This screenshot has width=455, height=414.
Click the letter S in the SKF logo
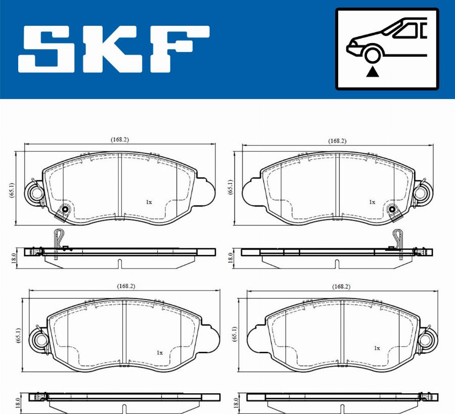[49, 49]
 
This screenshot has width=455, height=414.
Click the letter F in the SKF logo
[180, 49]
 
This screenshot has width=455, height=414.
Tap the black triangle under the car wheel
[373, 72]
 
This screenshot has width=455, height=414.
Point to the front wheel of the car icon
[373, 56]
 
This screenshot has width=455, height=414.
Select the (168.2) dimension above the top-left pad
[119, 140]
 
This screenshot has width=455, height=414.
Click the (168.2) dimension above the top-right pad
[337, 141]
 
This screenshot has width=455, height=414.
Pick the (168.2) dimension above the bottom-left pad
[126, 286]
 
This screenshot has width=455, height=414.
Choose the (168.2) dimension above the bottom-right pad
[341, 287]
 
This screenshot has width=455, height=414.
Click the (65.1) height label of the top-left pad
[11, 190]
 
